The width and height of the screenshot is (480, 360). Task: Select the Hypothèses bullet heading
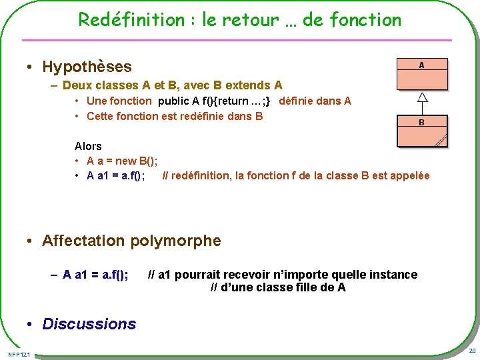[87, 67]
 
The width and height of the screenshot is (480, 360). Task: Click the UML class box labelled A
[421, 73]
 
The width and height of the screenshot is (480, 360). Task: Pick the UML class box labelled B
[421, 131]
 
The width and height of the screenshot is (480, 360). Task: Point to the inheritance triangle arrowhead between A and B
[421, 97]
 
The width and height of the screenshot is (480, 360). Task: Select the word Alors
[88, 146]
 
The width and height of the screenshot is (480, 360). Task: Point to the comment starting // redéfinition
[296, 176]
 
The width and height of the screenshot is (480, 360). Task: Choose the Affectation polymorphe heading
[131, 241]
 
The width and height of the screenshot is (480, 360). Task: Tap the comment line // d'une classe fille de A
[278, 288]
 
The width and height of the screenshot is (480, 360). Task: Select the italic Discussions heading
[89, 324]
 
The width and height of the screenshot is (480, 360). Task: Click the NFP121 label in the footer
[19, 353]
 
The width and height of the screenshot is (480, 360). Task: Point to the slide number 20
[472, 351]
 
